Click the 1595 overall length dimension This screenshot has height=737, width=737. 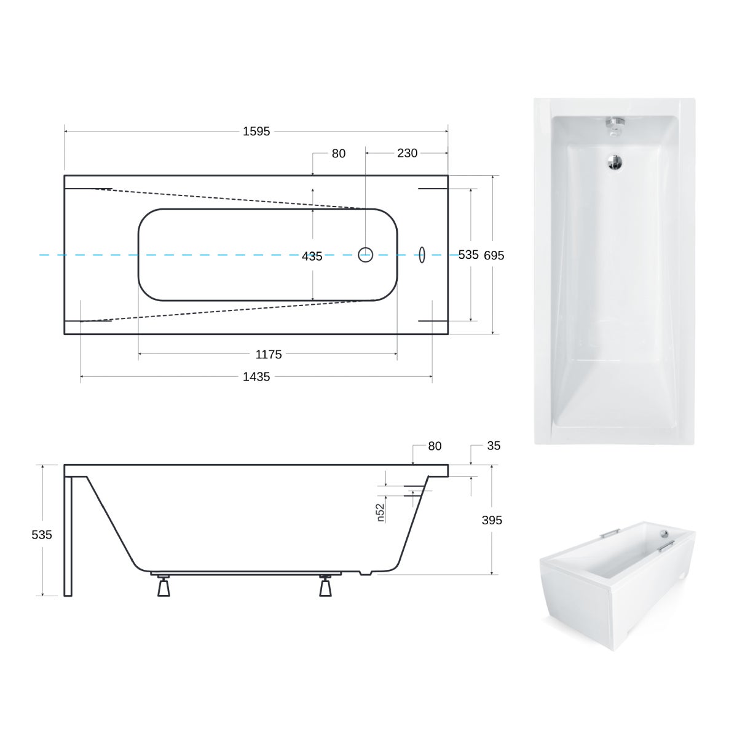[x=256, y=132]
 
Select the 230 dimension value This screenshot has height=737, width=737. [x=407, y=153]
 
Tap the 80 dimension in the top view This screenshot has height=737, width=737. [x=339, y=154]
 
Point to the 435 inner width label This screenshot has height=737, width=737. [x=312, y=257]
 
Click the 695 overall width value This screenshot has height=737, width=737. [x=494, y=255]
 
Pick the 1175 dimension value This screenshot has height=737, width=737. [x=269, y=355]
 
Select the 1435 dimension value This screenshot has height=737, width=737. [x=256, y=377]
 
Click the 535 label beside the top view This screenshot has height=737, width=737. [x=468, y=254]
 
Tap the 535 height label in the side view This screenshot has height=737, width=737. [x=42, y=535]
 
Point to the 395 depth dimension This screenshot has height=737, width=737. [x=492, y=520]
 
